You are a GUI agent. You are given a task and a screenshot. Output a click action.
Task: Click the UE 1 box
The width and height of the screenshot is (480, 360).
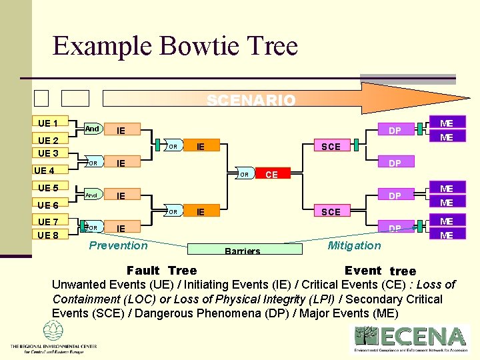pos(47,123)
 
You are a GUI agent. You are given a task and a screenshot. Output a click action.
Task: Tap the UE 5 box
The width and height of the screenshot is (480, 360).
pos(47,188)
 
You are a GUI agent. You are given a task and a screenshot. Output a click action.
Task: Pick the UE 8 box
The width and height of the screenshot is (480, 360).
pos(47,235)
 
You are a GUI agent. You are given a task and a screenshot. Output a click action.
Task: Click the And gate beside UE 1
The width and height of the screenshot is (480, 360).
pos(91,129)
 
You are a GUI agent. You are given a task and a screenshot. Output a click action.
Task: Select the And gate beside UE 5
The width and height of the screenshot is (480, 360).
pos(91,195)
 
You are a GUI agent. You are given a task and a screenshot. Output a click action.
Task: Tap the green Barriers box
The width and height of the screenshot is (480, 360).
pos(242,251)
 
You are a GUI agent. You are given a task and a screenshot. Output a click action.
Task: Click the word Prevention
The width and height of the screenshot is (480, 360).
pos(118,245)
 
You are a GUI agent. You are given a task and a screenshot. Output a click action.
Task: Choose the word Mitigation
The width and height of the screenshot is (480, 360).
pos(354,245)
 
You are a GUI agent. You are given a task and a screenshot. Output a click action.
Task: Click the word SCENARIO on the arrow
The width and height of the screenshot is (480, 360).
pos(251,101)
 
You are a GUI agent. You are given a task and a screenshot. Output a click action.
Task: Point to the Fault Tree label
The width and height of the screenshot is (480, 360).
pos(161,270)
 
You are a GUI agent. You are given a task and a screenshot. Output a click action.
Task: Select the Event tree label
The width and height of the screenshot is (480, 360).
pos(379,271)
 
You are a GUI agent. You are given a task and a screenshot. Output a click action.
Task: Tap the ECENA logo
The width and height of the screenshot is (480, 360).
pos(411,337)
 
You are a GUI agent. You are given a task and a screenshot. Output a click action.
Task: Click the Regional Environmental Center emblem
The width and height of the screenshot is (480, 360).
pos(53,331)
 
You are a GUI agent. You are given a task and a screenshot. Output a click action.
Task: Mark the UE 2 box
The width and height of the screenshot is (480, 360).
pos(47,140)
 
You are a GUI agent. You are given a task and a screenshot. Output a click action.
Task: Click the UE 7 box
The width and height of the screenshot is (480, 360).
pos(47,221)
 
